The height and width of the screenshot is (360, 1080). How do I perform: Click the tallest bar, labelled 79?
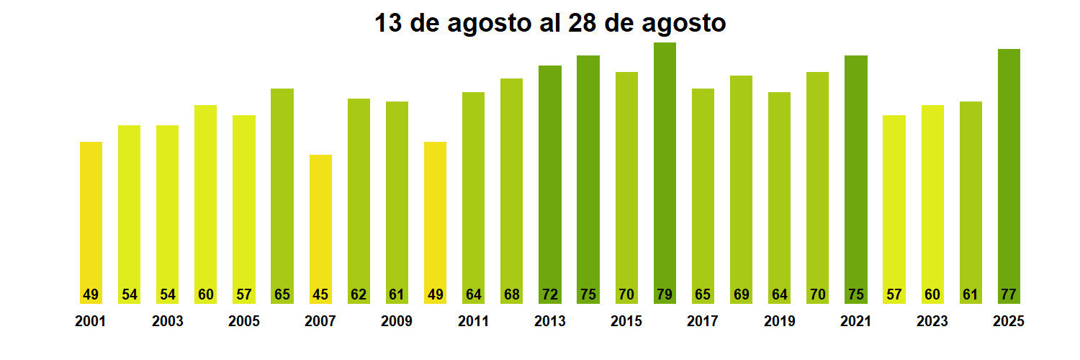click(x=665, y=173)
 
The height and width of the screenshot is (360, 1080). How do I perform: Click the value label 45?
click(x=320, y=294)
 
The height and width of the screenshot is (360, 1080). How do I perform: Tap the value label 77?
click(x=1009, y=294)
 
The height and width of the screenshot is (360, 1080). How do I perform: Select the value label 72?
click(x=550, y=294)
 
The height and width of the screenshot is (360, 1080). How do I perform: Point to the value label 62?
click(x=359, y=294)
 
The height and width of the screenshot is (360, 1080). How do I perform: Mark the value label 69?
click(x=741, y=294)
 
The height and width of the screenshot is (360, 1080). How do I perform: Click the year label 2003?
click(x=167, y=322)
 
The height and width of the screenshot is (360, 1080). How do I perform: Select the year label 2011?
click(x=473, y=322)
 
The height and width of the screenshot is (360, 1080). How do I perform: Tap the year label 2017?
click(x=703, y=322)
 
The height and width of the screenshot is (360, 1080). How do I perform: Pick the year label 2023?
click(x=932, y=322)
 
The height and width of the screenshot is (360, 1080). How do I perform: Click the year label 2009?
click(x=397, y=322)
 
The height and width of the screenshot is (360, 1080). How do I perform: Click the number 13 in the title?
click(x=388, y=24)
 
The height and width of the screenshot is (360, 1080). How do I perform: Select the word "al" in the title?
click(x=547, y=24)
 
